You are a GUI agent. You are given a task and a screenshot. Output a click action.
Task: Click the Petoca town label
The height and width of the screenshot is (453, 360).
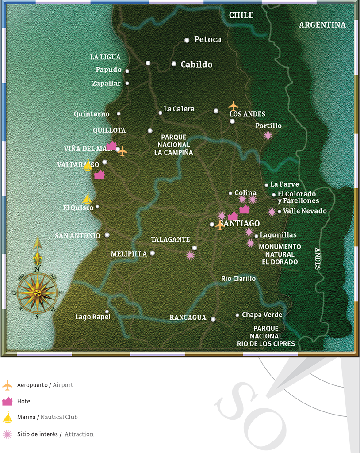[x=207, y=40]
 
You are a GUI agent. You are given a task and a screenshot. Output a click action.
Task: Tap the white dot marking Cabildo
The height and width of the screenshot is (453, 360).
[x=174, y=64]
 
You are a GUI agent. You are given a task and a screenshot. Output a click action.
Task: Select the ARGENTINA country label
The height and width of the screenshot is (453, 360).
[x=322, y=25]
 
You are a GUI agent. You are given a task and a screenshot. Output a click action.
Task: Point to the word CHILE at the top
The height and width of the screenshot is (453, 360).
[x=241, y=15]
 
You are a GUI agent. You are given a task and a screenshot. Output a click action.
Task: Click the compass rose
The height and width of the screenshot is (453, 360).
[x=38, y=292]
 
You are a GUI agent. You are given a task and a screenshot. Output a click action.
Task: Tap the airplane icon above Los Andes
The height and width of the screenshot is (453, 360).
[x=234, y=106]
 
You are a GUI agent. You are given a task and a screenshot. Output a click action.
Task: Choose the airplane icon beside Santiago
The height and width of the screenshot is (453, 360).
[x=220, y=226]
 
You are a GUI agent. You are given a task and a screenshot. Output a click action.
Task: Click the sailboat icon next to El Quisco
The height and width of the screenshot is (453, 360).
[x=88, y=200]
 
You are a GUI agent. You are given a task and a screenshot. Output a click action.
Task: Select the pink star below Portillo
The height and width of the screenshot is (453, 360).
[x=268, y=135]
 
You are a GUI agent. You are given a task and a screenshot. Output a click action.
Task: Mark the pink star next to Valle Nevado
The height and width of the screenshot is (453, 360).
[x=272, y=212]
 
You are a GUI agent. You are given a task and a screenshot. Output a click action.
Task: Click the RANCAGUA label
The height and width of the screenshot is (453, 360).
[x=188, y=318]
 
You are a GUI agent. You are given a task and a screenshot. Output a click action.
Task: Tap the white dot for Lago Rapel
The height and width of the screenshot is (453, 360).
[x=107, y=311]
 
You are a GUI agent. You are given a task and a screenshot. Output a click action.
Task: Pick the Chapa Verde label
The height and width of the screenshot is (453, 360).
[x=262, y=315]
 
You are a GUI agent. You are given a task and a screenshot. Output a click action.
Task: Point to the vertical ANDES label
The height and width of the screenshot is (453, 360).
[x=317, y=259]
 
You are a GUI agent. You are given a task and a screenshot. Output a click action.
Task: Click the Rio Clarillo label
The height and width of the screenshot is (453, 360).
[x=238, y=279]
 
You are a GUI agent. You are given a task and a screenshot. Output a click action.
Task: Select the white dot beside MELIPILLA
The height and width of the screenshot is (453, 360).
[x=153, y=253]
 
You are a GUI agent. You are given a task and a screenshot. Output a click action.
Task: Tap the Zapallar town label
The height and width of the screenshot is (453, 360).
[x=106, y=83]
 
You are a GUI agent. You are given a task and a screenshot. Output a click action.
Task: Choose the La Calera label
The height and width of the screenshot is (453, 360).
[x=179, y=109]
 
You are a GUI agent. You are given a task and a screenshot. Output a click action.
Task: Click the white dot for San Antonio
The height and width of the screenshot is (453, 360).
[x=107, y=235]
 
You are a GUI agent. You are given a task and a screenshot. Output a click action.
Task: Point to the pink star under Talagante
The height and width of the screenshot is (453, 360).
[x=190, y=255]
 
